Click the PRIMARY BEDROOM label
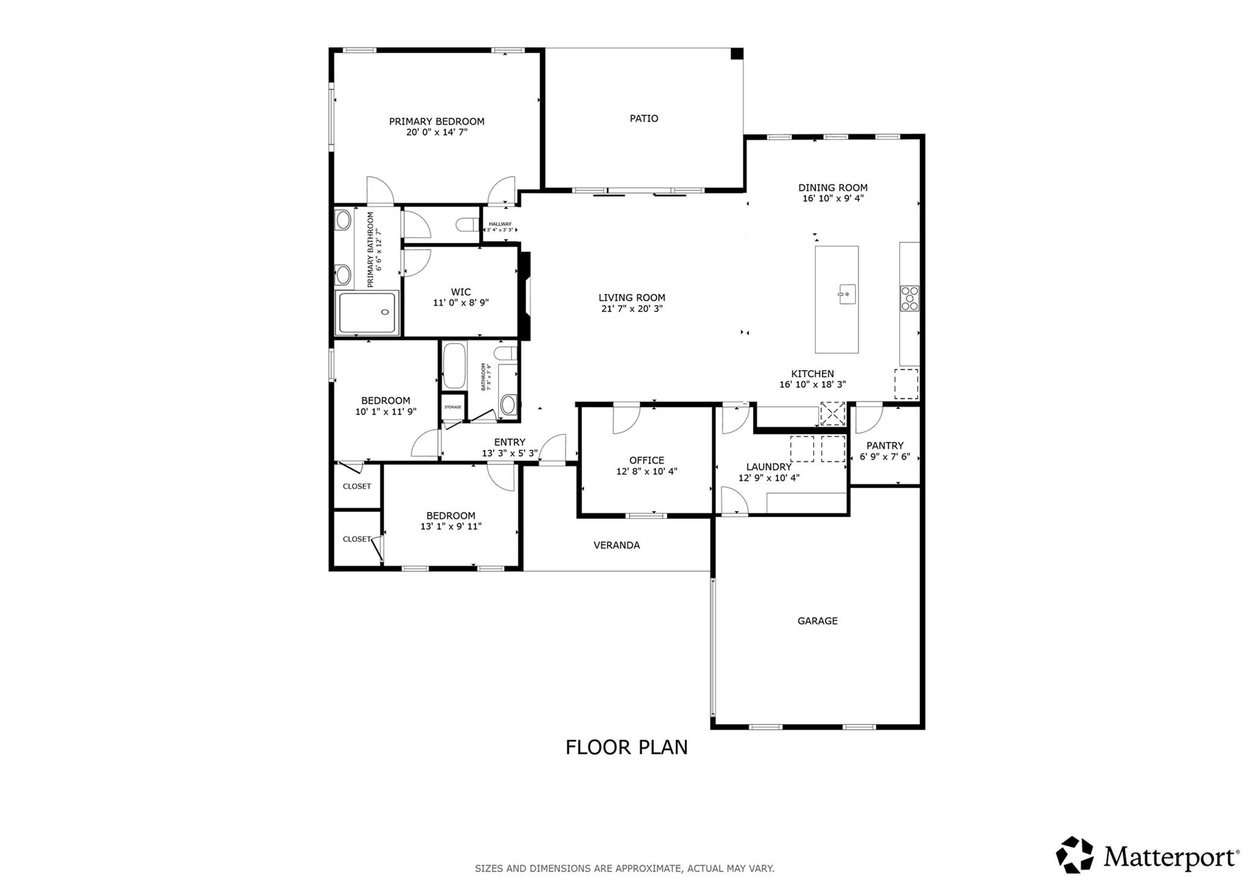click(436, 121)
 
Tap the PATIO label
click(644, 118)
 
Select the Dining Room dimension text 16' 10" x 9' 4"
click(833, 198)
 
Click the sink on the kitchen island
click(846, 294)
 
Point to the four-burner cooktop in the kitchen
click(909, 299)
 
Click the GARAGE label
click(817, 620)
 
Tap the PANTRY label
click(885, 445)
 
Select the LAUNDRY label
click(768, 467)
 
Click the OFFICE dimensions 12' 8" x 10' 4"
click(646, 471)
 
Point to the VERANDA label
click(616, 545)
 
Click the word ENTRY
click(509, 442)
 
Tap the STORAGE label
click(453, 407)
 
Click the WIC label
click(461, 292)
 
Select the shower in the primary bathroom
click(367, 313)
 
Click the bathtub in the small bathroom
click(454, 366)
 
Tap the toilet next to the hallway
click(469, 225)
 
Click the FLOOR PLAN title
click(626, 747)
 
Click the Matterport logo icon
click(1074, 854)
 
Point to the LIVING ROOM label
click(631, 298)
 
